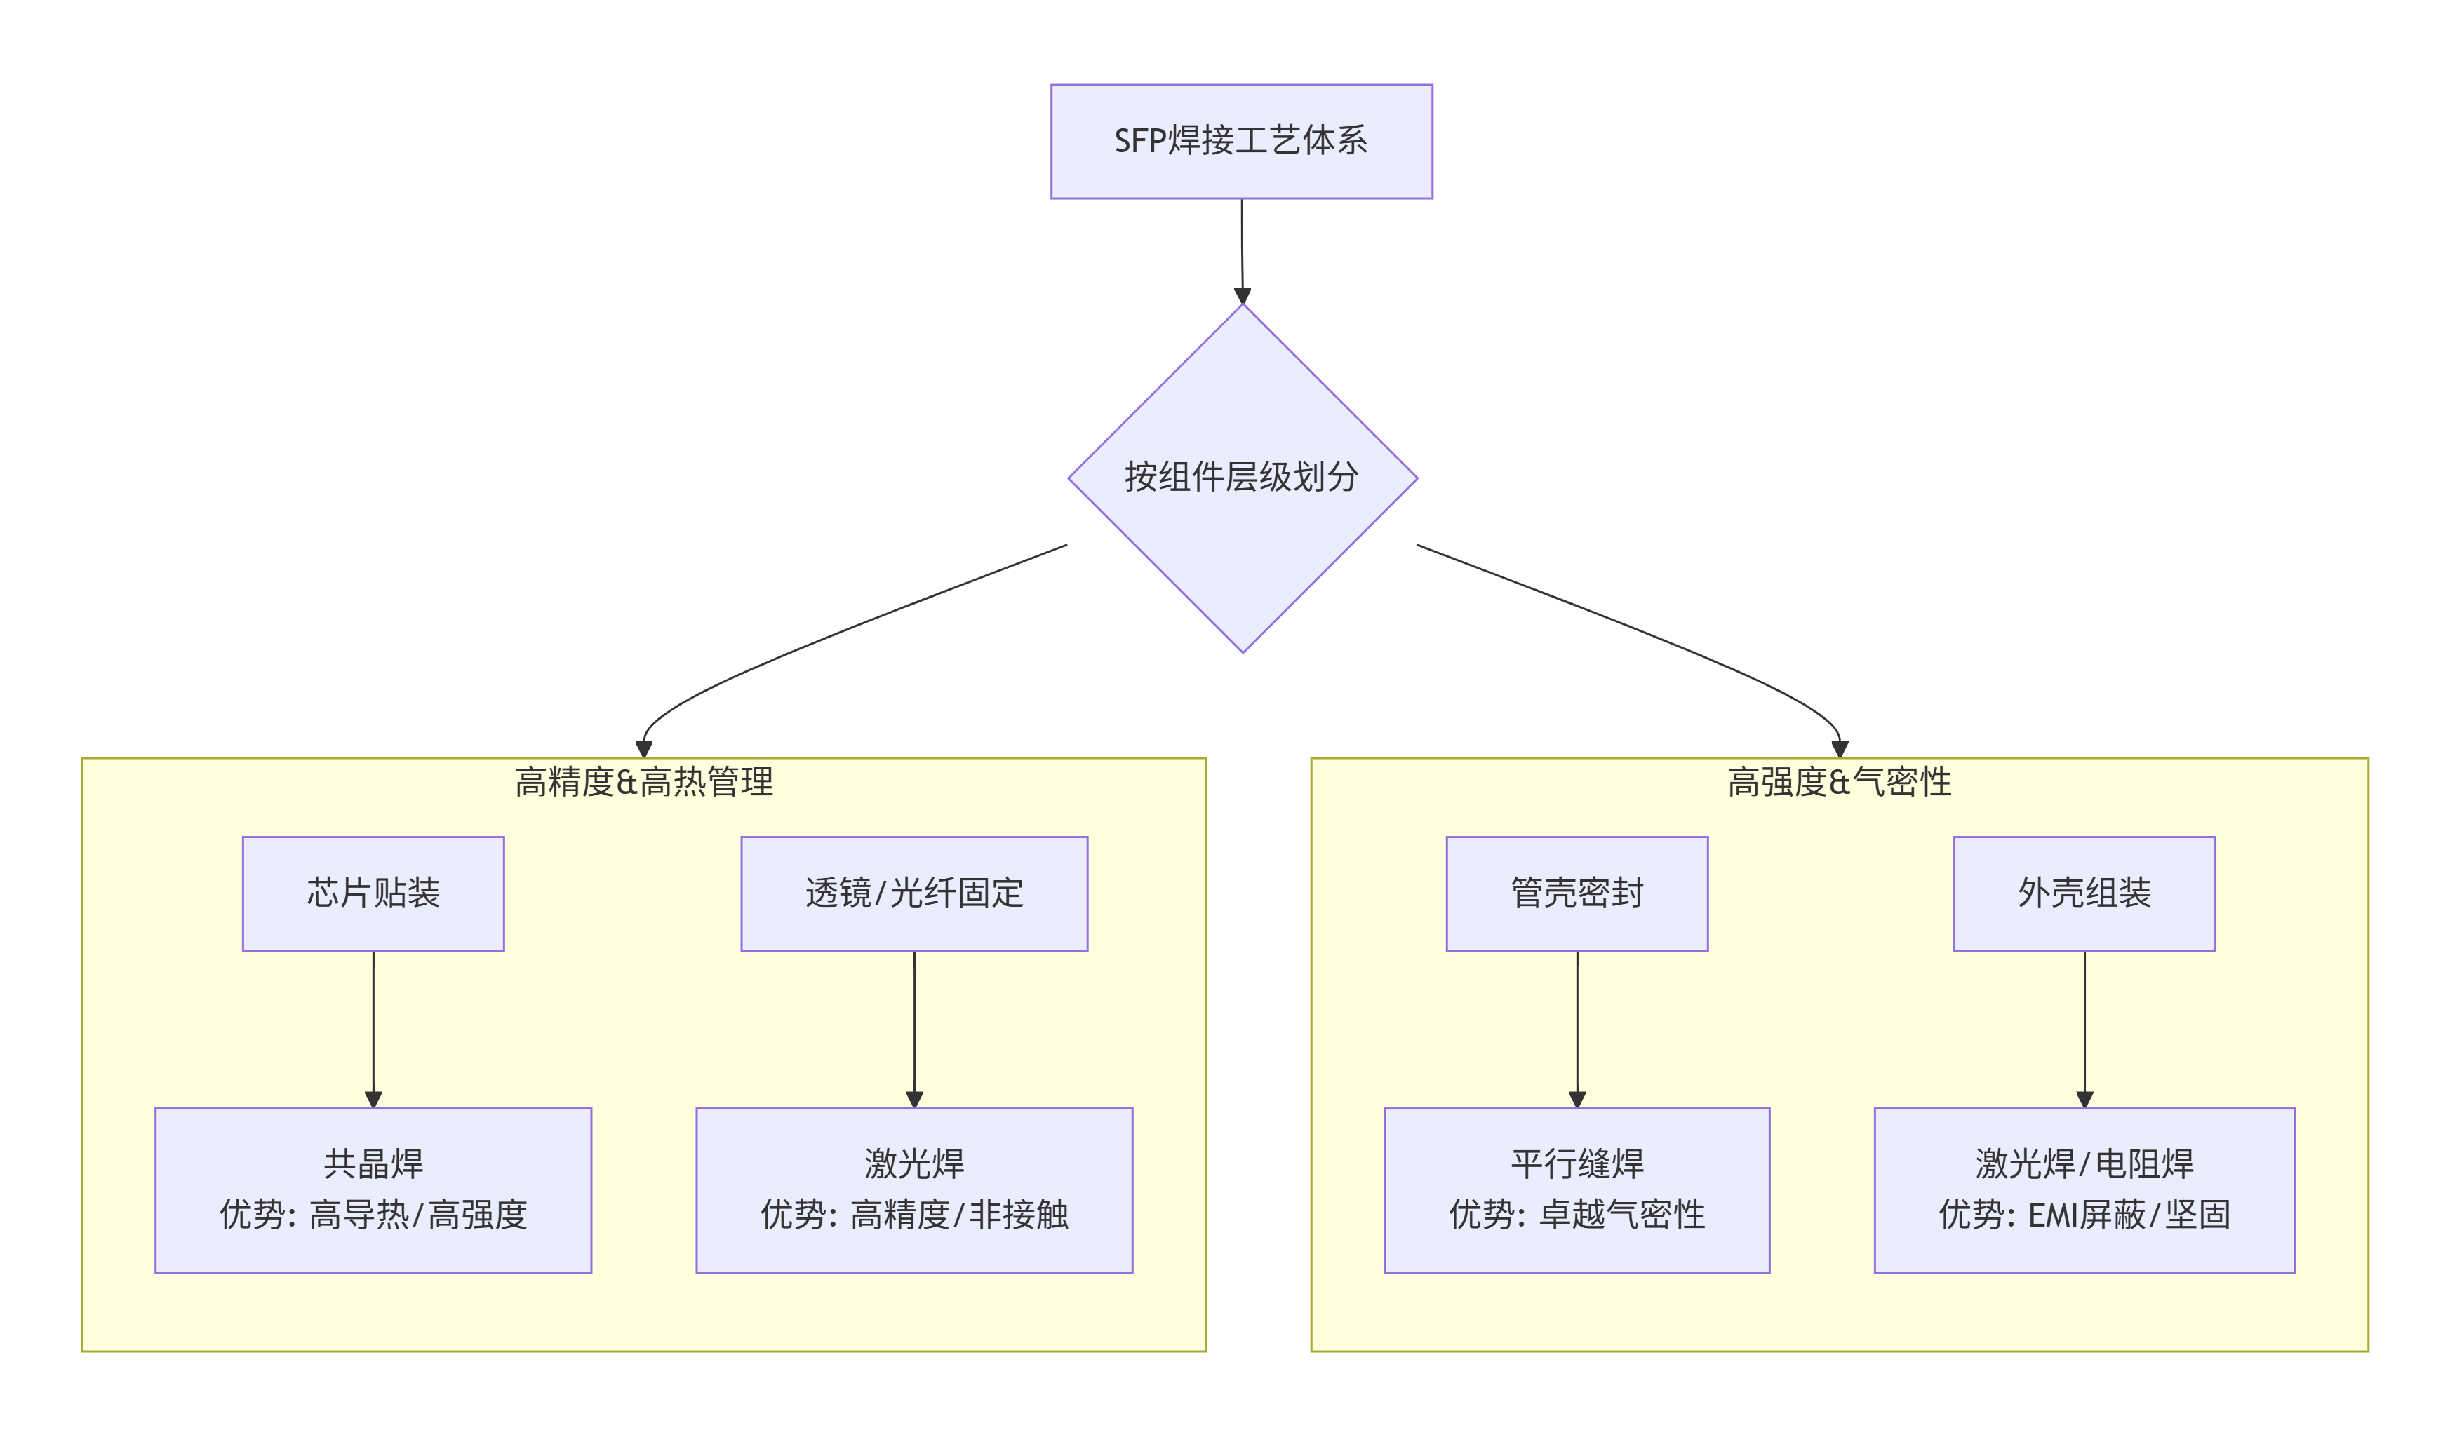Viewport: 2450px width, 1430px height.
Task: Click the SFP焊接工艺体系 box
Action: coord(1242,142)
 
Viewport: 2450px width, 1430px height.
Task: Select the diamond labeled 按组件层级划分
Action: coord(1242,478)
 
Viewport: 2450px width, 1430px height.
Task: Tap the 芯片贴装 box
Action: coord(373,893)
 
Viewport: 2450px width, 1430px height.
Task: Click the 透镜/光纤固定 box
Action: coord(914,893)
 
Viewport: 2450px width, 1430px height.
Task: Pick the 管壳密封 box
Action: coord(1577,893)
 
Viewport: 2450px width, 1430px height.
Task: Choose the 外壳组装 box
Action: coord(2084,893)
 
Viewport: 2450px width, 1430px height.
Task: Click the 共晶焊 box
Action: coord(373,1190)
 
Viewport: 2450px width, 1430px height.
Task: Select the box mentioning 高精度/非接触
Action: coord(914,1190)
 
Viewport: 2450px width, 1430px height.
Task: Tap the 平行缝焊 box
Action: coord(1577,1190)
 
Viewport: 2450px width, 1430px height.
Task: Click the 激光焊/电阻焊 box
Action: coord(2084,1190)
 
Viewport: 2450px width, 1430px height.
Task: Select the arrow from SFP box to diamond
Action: coord(1242,248)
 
